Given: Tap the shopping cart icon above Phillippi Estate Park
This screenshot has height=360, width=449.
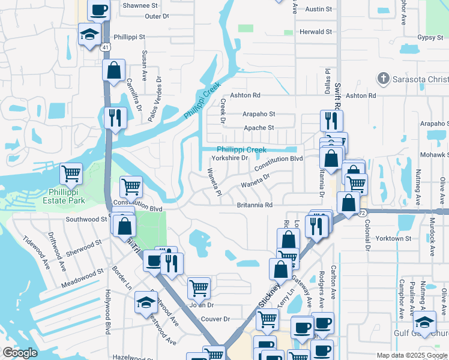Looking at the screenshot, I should tap(71, 174).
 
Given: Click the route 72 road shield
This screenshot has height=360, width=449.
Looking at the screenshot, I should tap(362, 212).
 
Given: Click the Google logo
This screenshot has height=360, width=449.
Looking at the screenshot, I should tap(20, 353).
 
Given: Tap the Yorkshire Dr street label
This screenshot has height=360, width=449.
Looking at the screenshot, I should tap(229, 158).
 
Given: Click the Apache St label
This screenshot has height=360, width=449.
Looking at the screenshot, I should tap(259, 128).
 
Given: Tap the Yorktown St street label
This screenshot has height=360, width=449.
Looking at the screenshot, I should tap(393, 238).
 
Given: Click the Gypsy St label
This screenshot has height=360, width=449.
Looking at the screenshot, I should tap(430, 37).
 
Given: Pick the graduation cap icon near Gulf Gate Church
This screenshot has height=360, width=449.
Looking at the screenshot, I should tap(424, 321).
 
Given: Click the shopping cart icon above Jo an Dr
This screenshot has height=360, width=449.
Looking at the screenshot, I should tap(199, 287).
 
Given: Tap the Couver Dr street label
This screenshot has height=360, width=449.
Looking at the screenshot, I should tap(216, 319).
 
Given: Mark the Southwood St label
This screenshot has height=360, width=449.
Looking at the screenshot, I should tap(86, 220).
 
